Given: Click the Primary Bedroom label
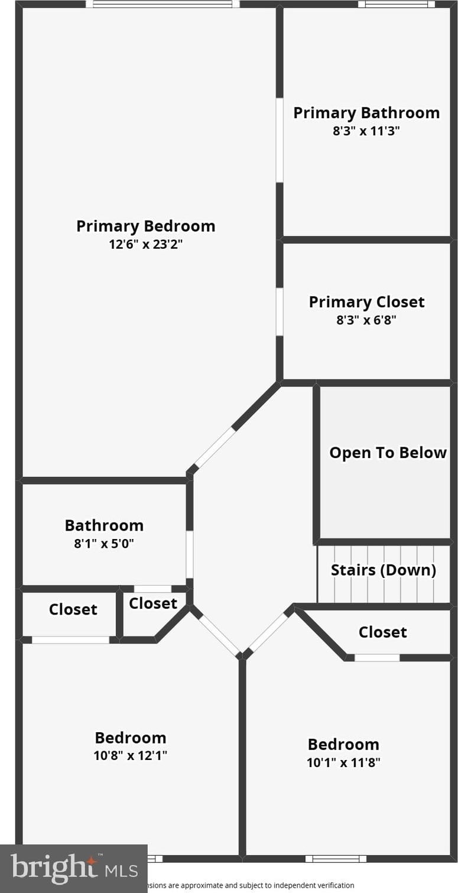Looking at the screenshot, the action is point(145,226).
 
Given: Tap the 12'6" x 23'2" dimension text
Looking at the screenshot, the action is point(145,244).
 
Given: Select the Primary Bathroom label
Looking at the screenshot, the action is point(366,112).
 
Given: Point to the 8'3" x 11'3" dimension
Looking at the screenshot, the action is point(366,131).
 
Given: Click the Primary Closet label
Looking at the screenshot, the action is point(366,301).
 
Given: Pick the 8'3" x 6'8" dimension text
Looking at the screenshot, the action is point(366,320).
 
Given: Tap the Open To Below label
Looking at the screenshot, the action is point(388,453).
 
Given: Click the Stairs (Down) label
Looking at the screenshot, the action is point(384,570).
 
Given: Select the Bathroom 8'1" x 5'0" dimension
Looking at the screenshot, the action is point(104,543).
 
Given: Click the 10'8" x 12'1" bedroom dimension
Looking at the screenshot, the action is point(131,755).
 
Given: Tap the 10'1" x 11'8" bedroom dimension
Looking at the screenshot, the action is point(343,762).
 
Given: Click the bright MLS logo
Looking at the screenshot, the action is point(73,868).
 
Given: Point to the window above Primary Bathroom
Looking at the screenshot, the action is point(396,4).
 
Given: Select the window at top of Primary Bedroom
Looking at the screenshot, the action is point(163,4).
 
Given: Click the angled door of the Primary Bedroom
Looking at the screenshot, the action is point(215,447).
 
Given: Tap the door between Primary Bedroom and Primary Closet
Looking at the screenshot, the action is point(280,311).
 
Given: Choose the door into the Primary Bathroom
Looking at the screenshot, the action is point(280,140).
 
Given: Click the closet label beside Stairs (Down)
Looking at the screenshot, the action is point(382,632).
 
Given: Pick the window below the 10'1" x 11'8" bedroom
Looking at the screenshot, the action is point(336,859).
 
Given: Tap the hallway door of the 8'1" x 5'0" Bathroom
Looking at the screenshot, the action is point(190,554).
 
